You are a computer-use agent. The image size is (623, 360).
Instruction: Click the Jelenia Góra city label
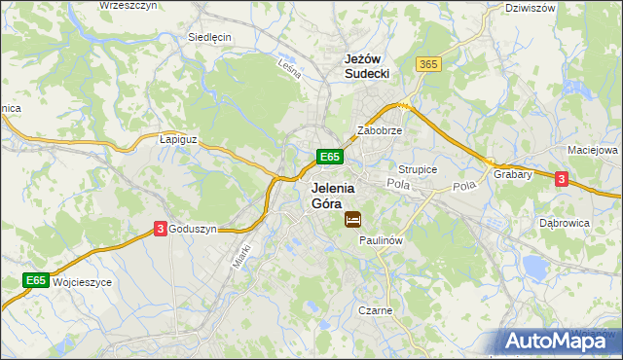click(x=332, y=196)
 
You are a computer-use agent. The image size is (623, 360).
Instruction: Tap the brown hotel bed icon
click(x=352, y=220)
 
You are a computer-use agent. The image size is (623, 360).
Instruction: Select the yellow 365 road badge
click(x=428, y=63)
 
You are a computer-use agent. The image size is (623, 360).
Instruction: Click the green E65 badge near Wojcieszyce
click(x=36, y=280)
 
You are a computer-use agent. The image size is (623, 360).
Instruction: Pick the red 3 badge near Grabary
click(x=562, y=178)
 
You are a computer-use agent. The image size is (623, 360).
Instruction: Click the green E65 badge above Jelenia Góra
click(x=329, y=156)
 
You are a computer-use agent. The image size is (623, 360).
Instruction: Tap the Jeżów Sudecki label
click(x=367, y=65)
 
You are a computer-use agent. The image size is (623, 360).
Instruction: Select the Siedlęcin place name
click(x=208, y=37)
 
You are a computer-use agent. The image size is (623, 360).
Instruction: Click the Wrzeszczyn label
click(x=129, y=6)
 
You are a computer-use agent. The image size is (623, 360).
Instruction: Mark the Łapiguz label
click(x=178, y=139)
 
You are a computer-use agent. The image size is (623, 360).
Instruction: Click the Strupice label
click(x=418, y=169)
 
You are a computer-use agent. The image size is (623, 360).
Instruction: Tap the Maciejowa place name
click(x=593, y=151)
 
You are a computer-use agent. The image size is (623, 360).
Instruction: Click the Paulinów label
click(x=381, y=239)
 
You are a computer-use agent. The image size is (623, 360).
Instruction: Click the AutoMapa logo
click(x=558, y=340)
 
